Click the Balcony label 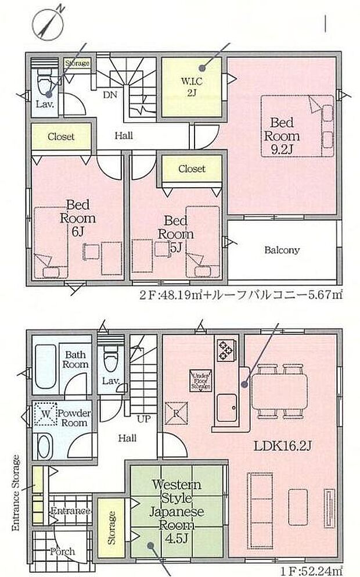(282, 250)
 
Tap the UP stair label (142, 418)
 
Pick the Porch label (61, 551)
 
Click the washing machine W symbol (45, 414)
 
